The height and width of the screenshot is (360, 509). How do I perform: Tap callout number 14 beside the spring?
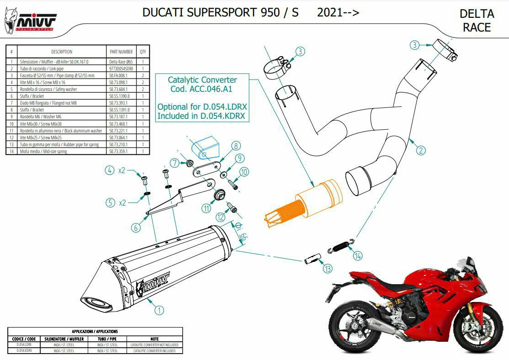pyautogui.click(x=357, y=256)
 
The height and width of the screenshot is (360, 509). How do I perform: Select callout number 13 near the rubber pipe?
pyautogui.click(x=327, y=269)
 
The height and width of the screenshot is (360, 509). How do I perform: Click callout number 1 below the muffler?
pyautogui.click(x=159, y=310)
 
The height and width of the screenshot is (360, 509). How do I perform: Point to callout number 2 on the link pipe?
pyautogui.click(x=421, y=149)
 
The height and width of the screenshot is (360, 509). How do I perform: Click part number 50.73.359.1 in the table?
pyautogui.click(x=118, y=151)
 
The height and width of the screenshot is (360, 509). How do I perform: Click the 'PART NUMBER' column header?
pyautogui.click(x=121, y=52)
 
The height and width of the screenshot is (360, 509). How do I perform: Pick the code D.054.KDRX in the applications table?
pyautogui.click(x=24, y=351)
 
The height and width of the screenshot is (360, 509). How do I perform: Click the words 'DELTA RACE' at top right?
pyautogui.click(x=477, y=21)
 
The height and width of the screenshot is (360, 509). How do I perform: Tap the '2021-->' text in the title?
pyautogui.click(x=338, y=12)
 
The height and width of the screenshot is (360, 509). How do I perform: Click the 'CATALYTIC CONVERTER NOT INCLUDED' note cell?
pyautogui.click(x=154, y=344)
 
